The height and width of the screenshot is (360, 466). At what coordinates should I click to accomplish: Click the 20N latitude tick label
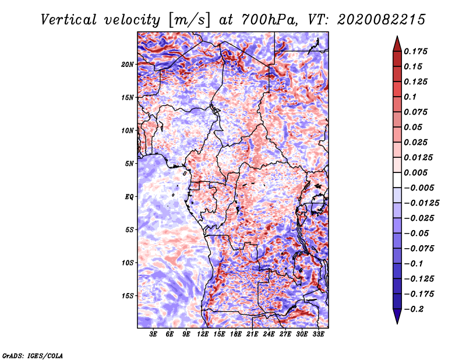(128, 64)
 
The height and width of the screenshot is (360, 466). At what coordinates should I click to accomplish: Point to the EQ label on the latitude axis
(129, 197)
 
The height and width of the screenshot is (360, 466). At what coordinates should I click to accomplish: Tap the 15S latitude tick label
(128, 296)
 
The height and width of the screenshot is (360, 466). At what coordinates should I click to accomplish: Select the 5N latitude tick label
(129, 164)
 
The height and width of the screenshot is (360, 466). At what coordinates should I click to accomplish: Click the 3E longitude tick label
(154, 334)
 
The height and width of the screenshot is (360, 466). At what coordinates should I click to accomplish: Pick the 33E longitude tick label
(319, 334)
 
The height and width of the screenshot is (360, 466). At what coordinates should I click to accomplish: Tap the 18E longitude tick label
(236, 334)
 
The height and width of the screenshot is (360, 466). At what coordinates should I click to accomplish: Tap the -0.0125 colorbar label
(423, 203)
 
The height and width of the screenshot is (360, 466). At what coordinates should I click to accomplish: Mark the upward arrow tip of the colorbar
(397, 38)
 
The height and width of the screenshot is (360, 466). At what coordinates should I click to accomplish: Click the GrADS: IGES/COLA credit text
(33, 355)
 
